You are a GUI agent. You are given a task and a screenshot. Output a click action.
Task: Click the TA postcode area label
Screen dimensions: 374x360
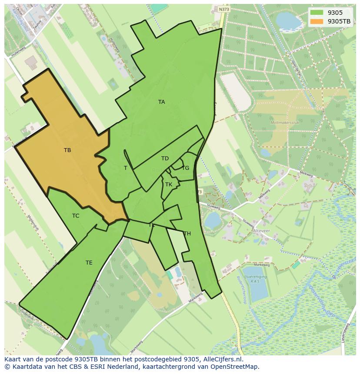point(161,102)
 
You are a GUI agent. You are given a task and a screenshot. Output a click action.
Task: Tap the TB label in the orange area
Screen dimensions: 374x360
point(67,150)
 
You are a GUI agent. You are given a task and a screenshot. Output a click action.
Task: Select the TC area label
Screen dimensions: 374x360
point(76,216)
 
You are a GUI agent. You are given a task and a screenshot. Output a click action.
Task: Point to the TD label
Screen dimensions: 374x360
point(165,159)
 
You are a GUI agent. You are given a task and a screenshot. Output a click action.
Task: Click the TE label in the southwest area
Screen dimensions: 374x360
point(89,263)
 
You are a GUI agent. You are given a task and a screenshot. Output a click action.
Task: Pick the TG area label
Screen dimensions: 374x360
point(185,168)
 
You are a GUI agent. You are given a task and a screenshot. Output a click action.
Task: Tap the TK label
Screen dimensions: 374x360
point(169,185)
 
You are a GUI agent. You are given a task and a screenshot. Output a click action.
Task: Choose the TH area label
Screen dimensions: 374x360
point(187,234)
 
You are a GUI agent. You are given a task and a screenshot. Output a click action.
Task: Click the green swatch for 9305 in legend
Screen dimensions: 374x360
point(317,12)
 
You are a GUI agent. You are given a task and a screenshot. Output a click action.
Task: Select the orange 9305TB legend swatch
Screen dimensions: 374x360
point(317,21)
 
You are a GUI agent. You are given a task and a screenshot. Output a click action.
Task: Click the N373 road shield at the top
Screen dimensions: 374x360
point(224,9)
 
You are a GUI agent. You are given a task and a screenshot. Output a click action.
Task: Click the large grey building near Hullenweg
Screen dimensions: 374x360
point(31,63)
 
